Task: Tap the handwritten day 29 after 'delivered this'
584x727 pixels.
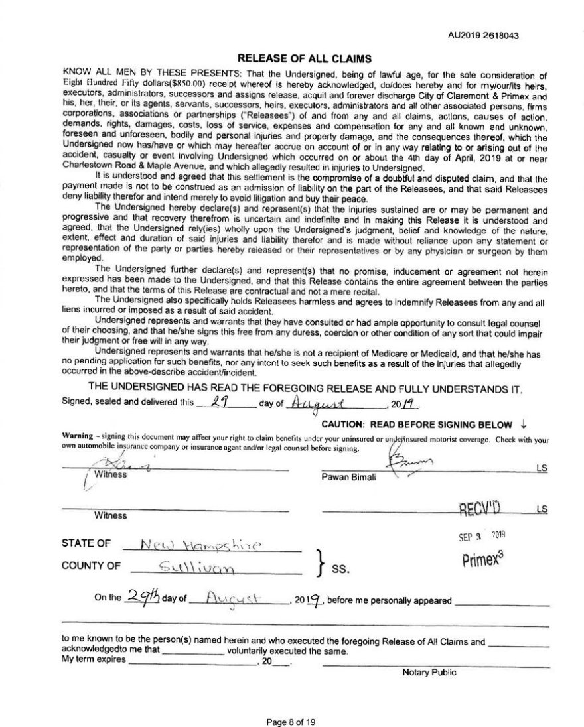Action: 214,403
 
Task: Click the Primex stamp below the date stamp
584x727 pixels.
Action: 486,559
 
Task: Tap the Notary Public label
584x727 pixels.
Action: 429,673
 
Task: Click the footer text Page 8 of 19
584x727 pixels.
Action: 292,720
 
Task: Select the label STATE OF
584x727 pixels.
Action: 86,543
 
